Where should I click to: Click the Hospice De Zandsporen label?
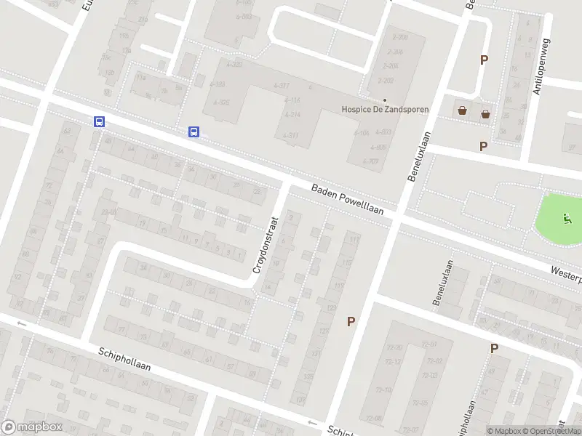coord(385,110)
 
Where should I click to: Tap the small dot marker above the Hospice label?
coord(385,100)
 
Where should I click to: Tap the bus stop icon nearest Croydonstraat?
coord(194,132)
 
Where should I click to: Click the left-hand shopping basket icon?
coord(462,111)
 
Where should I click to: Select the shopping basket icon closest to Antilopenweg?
coord(485,113)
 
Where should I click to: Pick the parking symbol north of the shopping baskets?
coord(483,60)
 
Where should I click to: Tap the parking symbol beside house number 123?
coord(351,321)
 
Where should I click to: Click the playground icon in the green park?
coord(567,217)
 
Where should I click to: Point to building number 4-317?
coord(282,86)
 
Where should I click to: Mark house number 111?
coord(354,239)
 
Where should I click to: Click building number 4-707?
coord(370,161)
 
